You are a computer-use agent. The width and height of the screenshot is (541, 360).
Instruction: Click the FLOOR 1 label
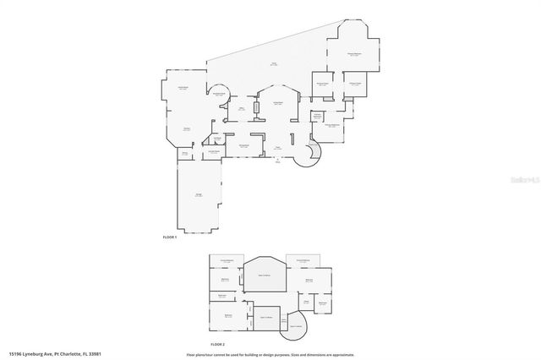169,237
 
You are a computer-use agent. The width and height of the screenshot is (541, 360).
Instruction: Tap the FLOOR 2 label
217,345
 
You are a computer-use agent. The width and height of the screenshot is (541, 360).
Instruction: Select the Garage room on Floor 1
198,194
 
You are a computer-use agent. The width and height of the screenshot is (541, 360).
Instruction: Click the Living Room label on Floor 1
276,103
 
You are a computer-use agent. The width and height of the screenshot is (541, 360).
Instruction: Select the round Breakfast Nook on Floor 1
219,93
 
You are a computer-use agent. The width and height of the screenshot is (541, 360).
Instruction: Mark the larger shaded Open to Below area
264,275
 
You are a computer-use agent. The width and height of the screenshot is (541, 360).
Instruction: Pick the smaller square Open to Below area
266,318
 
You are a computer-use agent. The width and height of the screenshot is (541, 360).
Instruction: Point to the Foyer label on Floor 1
277,148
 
